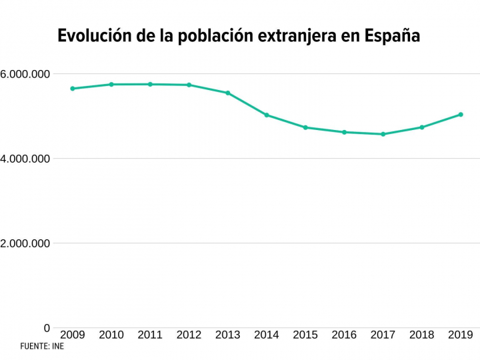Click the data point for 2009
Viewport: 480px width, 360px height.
pyautogui.click(x=72, y=89)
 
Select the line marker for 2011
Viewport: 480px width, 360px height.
pyautogui.click(x=150, y=84)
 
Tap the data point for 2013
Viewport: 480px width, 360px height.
pyautogui.click(x=227, y=93)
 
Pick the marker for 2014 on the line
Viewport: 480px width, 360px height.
pyautogui.click(x=267, y=115)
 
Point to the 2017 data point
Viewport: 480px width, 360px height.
pyautogui.click(x=383, y=134)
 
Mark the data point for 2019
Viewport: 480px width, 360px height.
pyautogui.click(x=461, y=115)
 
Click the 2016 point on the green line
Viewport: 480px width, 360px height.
pyautogui.click(x=344, y=132)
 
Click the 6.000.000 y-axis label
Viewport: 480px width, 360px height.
pyautogui.click(x=25, y=74)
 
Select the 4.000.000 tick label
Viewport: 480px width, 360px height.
pyautogui.click(x=25, y=159)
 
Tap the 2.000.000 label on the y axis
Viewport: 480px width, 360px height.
pyautogui.click(x=25, y=243)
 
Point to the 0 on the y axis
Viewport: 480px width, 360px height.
pyautogui.click(x=47, y=328)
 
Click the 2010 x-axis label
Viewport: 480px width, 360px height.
pyautogui.click(x=111, y=335)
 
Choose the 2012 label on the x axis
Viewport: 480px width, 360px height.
pyautogui.click(x=189, y=335)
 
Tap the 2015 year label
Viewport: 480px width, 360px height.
pyautogui.click(x=305, y=335)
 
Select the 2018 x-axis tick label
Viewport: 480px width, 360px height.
pyautogui.click(x=422, y=335)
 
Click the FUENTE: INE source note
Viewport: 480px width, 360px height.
pyautogui.click(x=42, y=347)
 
